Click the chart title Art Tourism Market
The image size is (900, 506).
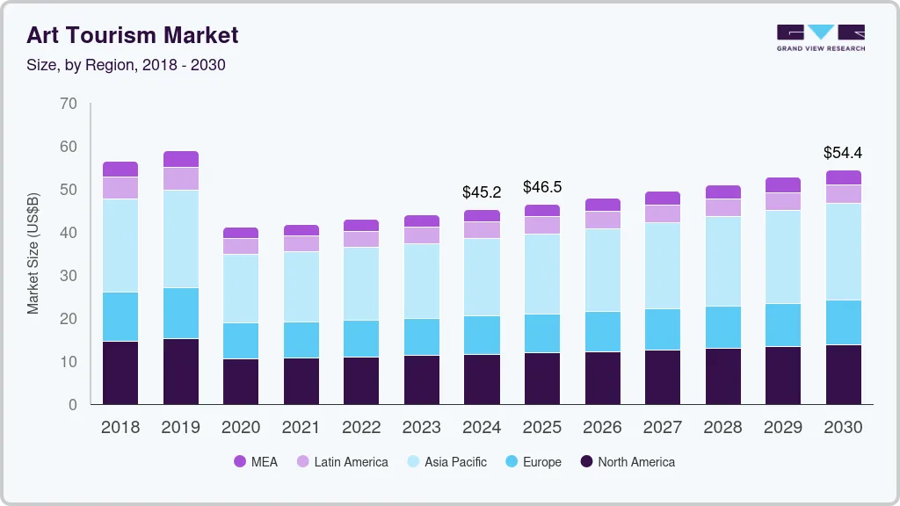[x=132, y=35]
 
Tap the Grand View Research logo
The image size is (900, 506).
[x=820, y=37]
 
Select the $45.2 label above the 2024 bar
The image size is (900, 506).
[x=481, y=192]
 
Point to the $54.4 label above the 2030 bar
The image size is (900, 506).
[x=842, y=153]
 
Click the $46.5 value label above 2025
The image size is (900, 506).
[x=541, y=187]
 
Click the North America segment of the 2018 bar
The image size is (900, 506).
[x=120, y=372]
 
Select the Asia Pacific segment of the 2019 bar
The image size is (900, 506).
[x=180, y=239]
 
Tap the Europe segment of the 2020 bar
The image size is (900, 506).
[x=241, y=341]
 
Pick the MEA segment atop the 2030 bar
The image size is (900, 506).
[x=843, y=177]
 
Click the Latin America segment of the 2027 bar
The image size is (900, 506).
[x=662, y=213]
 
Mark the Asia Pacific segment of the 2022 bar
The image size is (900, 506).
[x=361, y=284]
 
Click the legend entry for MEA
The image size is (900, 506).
[x=256, y=462]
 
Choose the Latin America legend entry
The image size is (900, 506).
[x=342, y=462]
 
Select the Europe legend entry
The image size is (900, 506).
[x=532, y=462]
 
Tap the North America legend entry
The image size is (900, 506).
[x=628, y=462]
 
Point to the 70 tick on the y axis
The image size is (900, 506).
[x=69, y=104]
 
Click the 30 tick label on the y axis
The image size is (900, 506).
[x=69, y=276]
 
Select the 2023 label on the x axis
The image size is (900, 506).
[x=421, y=428]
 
